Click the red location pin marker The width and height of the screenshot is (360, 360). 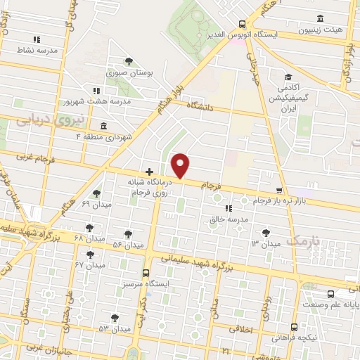(x=181, y=165)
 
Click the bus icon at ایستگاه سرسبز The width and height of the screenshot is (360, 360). (x=146, y=272)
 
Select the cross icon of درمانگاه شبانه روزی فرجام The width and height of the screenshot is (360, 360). (x=149, y=172)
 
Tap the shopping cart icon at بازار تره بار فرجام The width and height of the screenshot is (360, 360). (x=280, y=191)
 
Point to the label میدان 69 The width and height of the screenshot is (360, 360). (x=96, y=204)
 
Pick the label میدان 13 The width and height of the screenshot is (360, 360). (x=265, y=243)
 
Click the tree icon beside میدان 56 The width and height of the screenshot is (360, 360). (x=128, y=233)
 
